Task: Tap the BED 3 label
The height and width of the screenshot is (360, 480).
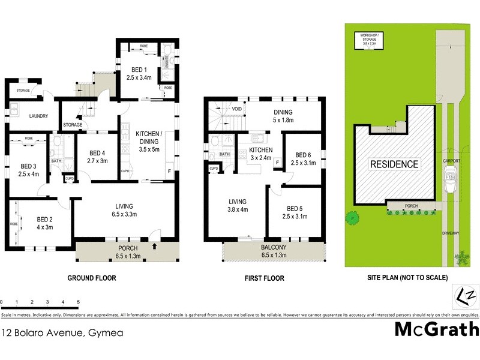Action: pyautogui.click(x=28, y=166)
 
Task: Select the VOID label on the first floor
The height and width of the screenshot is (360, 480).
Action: pyautogui.click(x=219, y=109)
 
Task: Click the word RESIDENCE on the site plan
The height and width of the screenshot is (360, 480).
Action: pyautogui.click(x=393, y=163)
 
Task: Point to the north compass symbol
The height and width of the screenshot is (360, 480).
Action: pyautogui.click(x=466, y=296)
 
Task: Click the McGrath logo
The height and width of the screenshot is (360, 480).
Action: pyautogui.click(x=436, y=329)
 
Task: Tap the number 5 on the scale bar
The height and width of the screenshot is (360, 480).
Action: pyautogui.click(x=78, y=302)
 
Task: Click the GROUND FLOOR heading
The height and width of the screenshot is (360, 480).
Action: pyautogui.click(x=92, y=278)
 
